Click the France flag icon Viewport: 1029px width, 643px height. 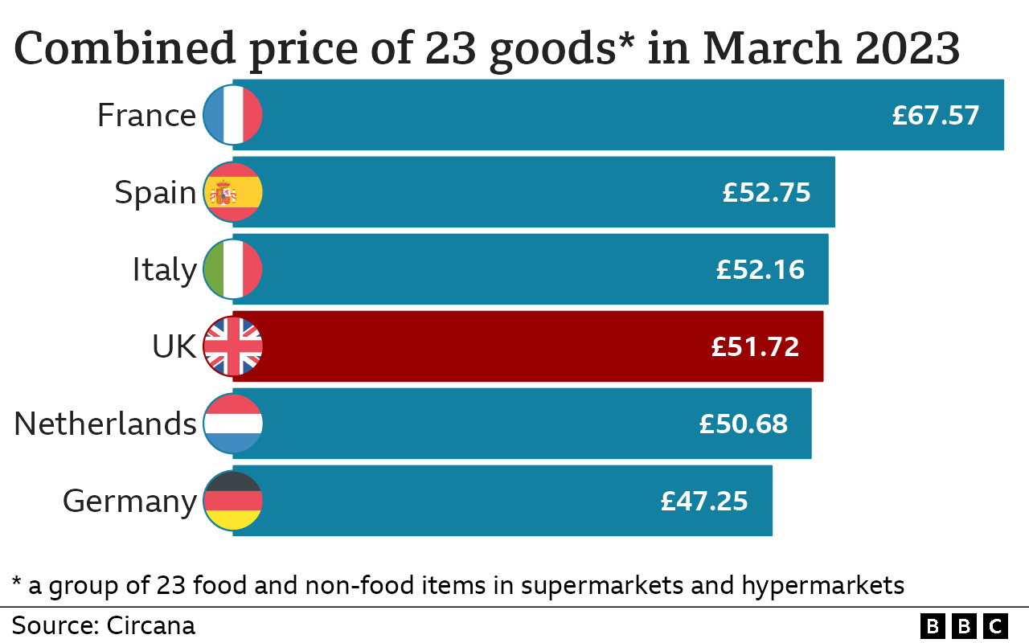tap(233, 115)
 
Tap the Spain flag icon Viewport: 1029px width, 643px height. tap(233, 192)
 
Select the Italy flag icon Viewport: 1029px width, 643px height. tap(233, 269)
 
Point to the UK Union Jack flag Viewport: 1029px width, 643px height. tap(233, 346)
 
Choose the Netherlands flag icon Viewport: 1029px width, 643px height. tap(233, 424)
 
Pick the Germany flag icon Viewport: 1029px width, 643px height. tap(233, 501)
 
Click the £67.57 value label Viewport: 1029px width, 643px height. tap(936, 115)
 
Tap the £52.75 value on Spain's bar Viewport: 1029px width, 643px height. tap(766, 192)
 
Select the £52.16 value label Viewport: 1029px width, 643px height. tap(760, 269)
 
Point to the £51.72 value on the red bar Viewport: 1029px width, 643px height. tap(755, 346)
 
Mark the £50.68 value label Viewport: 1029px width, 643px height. tap(743, 424)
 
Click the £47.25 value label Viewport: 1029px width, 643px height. tap(704, 501)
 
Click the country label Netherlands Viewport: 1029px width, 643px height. tap(105, 424)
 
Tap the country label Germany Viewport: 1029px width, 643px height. tap(129, 501)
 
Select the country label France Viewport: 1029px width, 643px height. tap(146, 115)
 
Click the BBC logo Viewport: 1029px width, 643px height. tap(964, 625)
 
